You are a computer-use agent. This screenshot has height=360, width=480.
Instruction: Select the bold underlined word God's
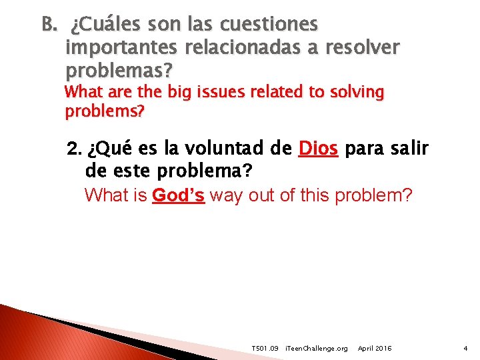(x=178, y=196)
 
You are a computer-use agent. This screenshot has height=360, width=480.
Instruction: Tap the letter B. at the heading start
(x=50, y=25)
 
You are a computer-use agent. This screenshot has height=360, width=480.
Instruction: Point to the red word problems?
(x=105, y=111)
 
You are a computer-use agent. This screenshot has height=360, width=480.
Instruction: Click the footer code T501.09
(x=265, y=349)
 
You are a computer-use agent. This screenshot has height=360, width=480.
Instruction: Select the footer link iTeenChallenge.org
(x=316, y=349)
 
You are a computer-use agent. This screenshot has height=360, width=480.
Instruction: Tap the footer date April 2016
(x=375, y=349)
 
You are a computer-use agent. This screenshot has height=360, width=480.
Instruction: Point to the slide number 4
(x=465, y=349)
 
